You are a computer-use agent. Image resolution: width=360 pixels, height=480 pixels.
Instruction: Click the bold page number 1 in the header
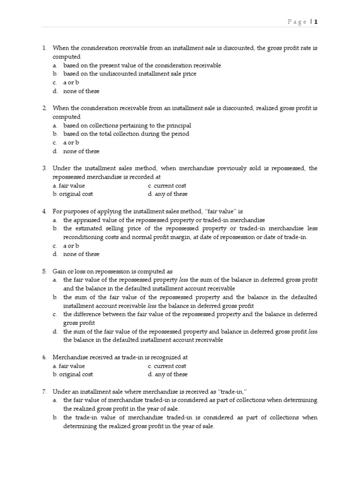point(316,22)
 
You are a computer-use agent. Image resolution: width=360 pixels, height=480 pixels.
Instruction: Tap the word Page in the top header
point(297,22)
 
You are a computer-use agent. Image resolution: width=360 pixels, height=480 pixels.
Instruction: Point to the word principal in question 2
point(178,125)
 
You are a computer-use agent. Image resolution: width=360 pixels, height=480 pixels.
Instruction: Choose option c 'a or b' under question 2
point(71,142)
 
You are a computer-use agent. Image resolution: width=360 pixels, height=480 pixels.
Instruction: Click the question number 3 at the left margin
point(45,168)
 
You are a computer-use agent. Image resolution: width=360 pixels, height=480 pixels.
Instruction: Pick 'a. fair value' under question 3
point(69,186)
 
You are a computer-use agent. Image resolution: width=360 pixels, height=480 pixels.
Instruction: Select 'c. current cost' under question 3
point(167,186)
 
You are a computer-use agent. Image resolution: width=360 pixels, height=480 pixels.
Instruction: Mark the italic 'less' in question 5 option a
point(184,280)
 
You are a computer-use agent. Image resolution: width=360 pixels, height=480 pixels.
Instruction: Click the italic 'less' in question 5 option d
point(313,331)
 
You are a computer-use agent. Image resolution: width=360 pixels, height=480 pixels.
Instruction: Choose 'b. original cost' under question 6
point(73,374)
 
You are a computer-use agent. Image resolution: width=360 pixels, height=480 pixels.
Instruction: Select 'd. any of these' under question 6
point(167,374)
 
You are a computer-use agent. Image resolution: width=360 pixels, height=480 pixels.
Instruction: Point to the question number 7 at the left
point(45,391)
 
